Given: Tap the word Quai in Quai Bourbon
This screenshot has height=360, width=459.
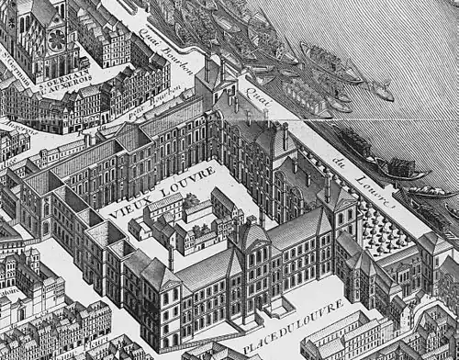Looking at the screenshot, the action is (x=151, y=38).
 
